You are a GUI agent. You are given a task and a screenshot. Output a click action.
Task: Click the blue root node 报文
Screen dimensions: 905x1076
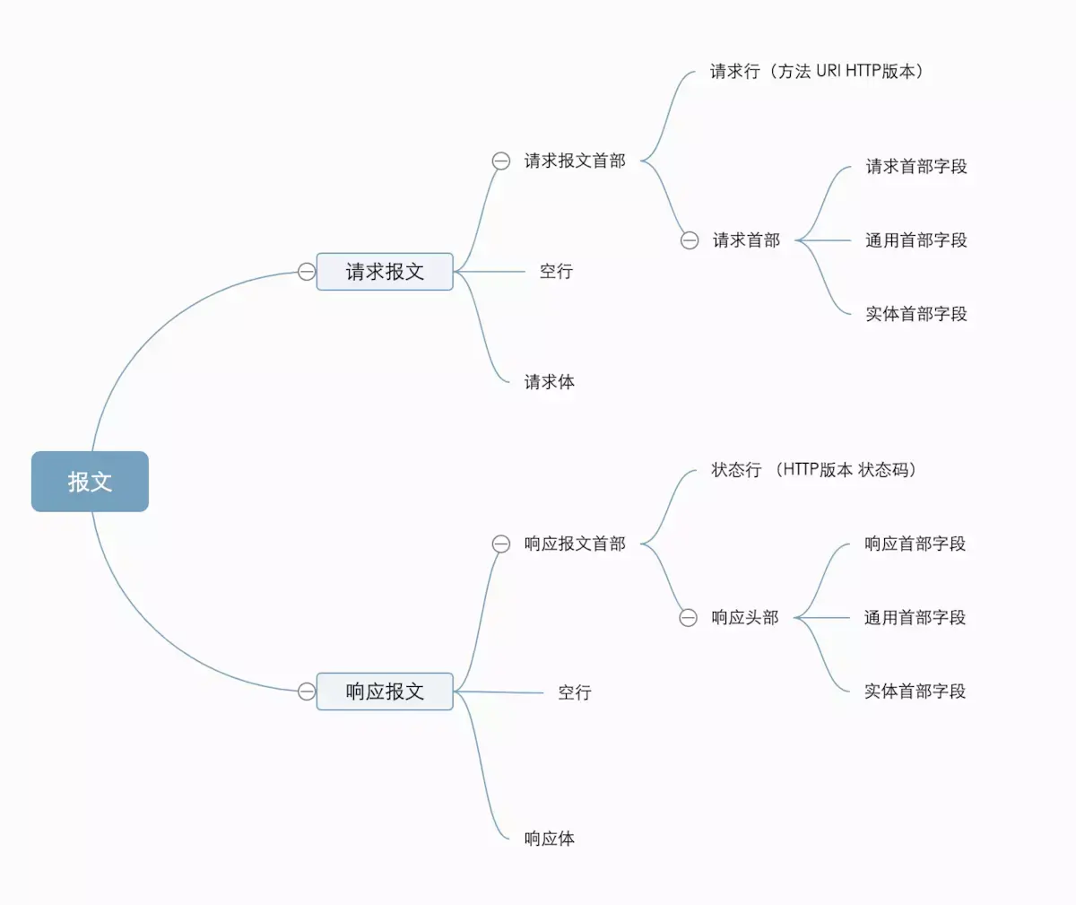[x=90, y=482]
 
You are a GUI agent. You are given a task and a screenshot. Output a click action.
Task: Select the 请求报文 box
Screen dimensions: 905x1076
[x=385, y=272]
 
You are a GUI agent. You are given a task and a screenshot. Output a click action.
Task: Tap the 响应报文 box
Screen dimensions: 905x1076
[x=385, y=692]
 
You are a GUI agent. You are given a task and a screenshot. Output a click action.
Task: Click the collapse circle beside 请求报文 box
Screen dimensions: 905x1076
[x=307, y=272]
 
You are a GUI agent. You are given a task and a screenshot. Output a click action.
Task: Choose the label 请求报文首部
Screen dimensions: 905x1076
[x=575, y=161]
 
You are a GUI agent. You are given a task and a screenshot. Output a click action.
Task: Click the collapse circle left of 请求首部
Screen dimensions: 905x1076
[x=690, y=240]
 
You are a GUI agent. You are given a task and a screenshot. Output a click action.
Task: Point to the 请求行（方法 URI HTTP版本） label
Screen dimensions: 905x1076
[x=816, y=72]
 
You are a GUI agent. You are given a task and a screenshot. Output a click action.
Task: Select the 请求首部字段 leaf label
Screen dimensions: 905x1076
[x=915, y=167]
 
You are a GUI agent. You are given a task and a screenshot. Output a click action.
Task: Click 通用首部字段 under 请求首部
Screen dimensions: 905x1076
[x=915, y=240]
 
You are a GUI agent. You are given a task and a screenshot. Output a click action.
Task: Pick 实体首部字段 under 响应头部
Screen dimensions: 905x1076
[x=915, y=692]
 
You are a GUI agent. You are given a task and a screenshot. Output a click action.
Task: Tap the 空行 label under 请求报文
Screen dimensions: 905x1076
[x=556, y=272]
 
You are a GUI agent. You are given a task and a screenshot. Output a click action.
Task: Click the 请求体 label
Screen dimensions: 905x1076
[x=549, y=382]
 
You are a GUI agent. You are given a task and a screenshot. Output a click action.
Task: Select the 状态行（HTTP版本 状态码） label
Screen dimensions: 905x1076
[x=813, y=470]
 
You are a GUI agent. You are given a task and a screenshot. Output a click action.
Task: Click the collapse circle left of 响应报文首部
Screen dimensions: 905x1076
[x=501, y=544]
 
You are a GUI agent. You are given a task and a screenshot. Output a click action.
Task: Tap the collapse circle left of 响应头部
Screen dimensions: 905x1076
[x=688, y=618]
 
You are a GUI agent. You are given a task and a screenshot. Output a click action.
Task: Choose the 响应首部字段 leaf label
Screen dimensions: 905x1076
[x=915, y=544]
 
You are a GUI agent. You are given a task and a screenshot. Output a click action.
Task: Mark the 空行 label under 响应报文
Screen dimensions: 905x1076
[x=574, y=692]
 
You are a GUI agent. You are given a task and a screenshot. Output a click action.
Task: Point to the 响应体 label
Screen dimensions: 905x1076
[x=549, y=839]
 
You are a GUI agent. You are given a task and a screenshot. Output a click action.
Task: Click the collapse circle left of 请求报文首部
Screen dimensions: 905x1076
[x=501, y=161]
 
